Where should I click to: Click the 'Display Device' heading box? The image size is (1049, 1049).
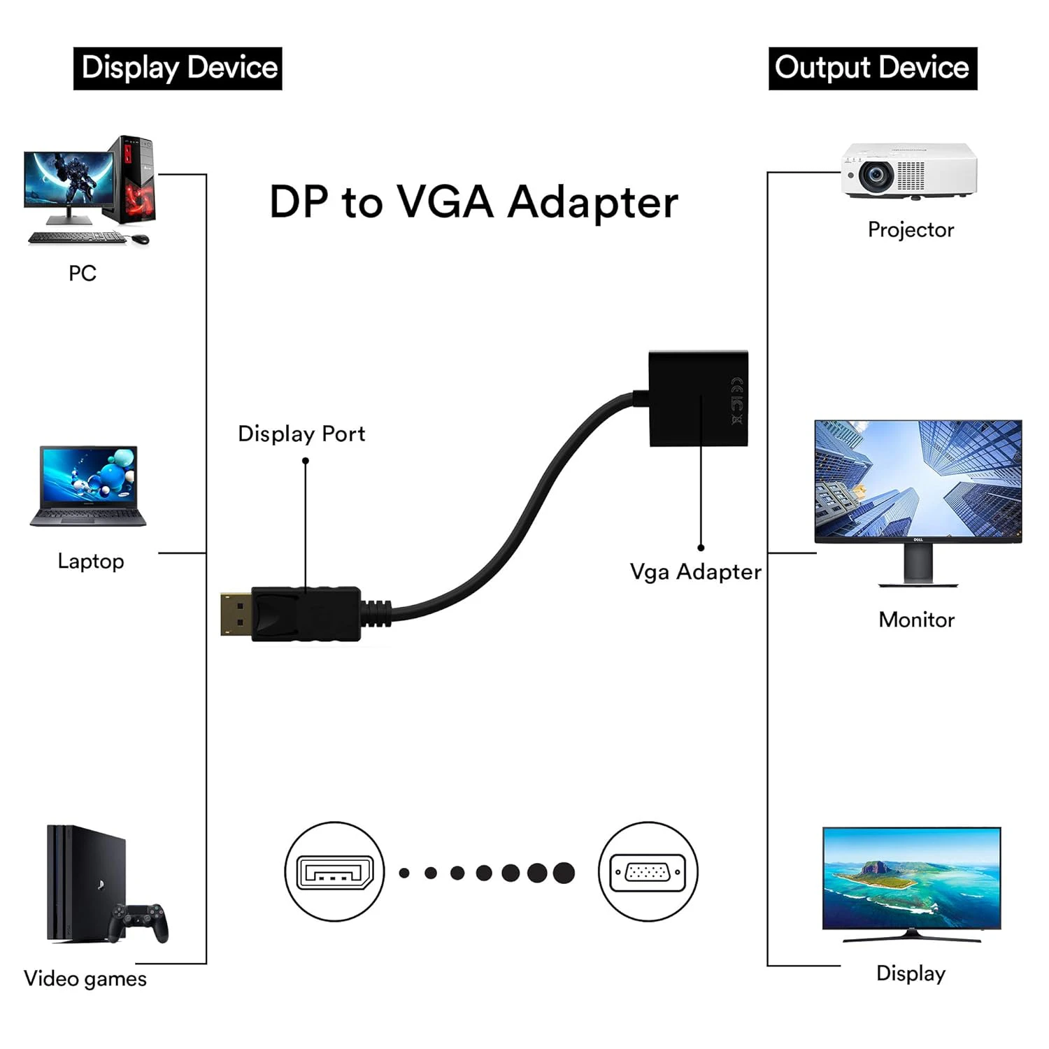click(178, 69)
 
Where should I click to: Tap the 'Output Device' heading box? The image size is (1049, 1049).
click(873, 69)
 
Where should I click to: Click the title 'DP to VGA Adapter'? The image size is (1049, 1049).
click(474, 203)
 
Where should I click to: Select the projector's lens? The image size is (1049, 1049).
click(875, 176)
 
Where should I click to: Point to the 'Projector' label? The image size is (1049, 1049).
click(911, 230)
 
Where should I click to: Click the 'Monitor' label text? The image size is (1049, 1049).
click(916, 620)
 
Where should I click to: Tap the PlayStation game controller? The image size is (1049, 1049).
click(139, 922)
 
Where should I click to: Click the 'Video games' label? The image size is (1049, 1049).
click(85, 979)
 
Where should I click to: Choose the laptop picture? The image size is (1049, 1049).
click(89, 486)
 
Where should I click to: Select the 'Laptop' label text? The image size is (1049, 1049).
click(91, 562)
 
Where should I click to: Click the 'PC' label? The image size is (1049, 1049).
click(83, 273)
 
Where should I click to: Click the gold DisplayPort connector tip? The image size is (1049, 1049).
click(236, 614)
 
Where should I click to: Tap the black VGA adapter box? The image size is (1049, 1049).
click(699, 398)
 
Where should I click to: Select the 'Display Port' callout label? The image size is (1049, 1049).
click(301, 434)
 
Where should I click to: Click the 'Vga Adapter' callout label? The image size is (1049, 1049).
click(695, 572)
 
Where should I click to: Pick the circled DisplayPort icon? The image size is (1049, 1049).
click(334, 871)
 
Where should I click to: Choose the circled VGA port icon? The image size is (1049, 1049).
click(648, 871)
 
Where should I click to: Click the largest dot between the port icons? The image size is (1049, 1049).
click(564, 873)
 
